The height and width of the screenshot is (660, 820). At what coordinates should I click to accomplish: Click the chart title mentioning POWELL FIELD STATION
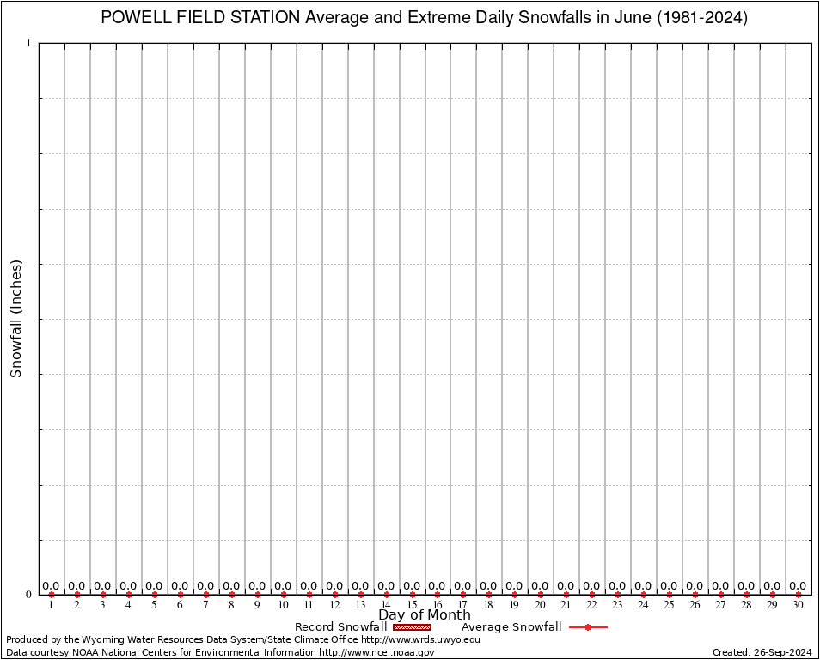[x=424, y=18]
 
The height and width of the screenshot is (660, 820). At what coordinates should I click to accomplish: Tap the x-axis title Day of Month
[x=424, y=614]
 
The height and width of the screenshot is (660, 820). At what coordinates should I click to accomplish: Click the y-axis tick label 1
[x=28, y=43]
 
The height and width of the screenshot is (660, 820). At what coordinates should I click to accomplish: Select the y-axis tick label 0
[x=28, y=595]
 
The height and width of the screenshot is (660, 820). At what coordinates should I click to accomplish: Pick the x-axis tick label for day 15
[x=412, y=605]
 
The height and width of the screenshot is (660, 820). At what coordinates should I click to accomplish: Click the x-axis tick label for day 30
[x=798, y=605]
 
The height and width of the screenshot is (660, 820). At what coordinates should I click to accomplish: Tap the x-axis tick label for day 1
[x=52, y=605]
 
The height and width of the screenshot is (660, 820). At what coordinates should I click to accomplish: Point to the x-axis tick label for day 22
[x=591, y=605]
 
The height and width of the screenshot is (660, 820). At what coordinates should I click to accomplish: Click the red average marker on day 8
[x=232, y=595]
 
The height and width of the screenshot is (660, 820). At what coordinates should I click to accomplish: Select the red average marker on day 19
[x=515, y=595]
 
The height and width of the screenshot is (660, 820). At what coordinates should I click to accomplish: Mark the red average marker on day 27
[x=720, y=595]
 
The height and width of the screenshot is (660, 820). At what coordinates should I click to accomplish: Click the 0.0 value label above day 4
[x=128, y=586]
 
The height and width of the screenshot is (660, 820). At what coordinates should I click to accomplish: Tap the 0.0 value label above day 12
[x=334, y=586]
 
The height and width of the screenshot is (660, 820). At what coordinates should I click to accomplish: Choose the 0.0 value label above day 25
[x=669, y=586]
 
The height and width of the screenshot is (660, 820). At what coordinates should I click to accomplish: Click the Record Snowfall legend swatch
[x=412, y=627]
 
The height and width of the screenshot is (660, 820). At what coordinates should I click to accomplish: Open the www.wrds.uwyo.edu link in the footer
[x=420, y=639]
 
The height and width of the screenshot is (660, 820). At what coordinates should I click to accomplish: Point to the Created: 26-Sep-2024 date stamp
[x=762, y=652]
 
